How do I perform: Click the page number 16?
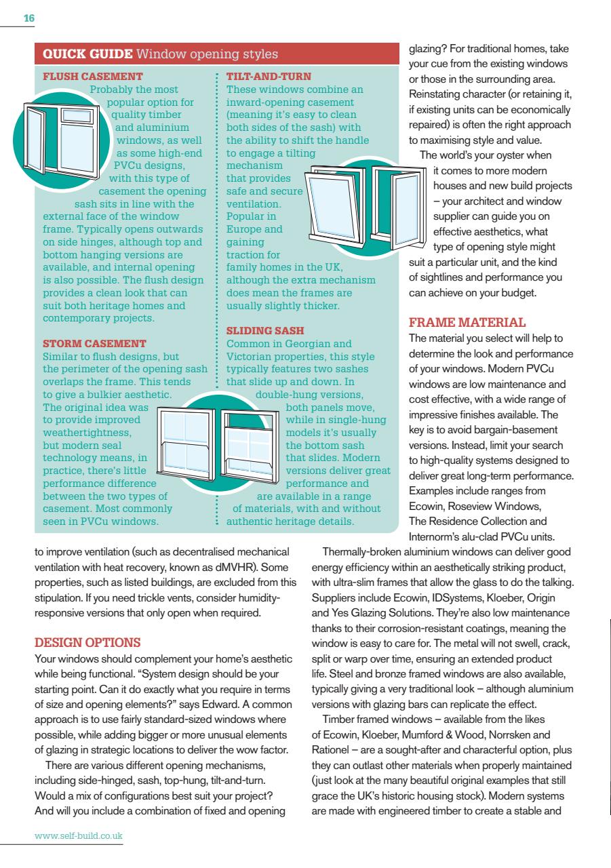point(28,20)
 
